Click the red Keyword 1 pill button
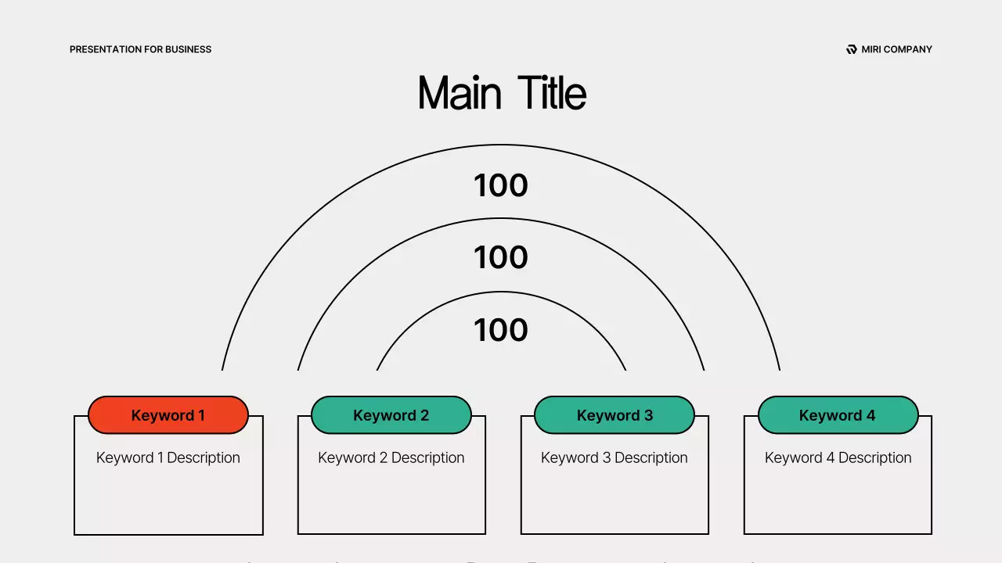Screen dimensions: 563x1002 pos(168,415)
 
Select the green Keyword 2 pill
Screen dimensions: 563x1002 pos(391,415)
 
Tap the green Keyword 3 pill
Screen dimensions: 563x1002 pos(615,415)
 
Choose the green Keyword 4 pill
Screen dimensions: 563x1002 pos(838,415)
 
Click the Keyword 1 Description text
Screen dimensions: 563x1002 pos(168,457)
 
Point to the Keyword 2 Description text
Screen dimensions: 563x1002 pos(391,457)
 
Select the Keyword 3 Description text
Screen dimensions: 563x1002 pos(615,457)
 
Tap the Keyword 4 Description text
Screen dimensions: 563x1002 pos(838,457)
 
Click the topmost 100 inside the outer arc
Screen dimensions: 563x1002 pos(501,185)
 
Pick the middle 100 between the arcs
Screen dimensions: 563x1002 pos(501,257)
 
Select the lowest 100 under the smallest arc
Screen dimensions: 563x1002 pos(501,330)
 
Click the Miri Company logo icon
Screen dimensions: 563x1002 pos(852,49)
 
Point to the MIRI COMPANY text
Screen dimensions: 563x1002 pos(896,49)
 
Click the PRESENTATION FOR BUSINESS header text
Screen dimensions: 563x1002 pos(140,49)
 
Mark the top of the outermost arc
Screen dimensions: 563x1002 pos(501,145)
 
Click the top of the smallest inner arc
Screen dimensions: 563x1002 pos(501,292)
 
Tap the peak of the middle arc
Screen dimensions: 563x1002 pos(501,218)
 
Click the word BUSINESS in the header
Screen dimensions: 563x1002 pos(188,49)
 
